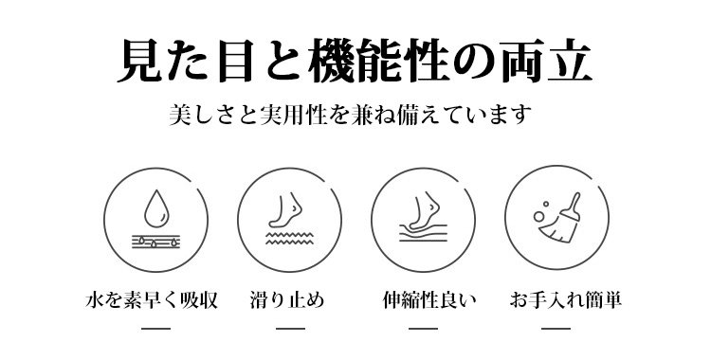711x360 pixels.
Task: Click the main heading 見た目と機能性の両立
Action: [355, 62]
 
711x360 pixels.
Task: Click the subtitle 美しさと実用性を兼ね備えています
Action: [350, 115]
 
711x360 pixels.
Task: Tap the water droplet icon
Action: [156, 208]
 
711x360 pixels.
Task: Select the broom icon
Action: [561, 219]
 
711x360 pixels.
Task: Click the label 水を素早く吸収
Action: [152, 300]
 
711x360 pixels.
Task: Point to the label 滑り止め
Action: [287, 300]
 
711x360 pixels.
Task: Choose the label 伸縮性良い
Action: [428, 300]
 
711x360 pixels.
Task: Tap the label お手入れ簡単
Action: [565, 300]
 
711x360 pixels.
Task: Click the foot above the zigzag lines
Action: [285, 210]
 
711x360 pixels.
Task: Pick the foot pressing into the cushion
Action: [425, 211]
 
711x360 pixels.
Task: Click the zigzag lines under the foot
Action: [289, 239]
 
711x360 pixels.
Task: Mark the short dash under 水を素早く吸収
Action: [156, 328]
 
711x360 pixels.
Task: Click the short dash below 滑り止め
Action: [290, 328]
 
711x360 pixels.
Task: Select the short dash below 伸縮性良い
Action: [423, 328]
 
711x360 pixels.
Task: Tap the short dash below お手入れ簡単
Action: [556, 328]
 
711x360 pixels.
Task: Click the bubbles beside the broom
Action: [540, 212]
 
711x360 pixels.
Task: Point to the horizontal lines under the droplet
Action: [156, 242]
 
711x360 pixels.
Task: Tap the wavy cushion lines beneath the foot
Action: [423, 232]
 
